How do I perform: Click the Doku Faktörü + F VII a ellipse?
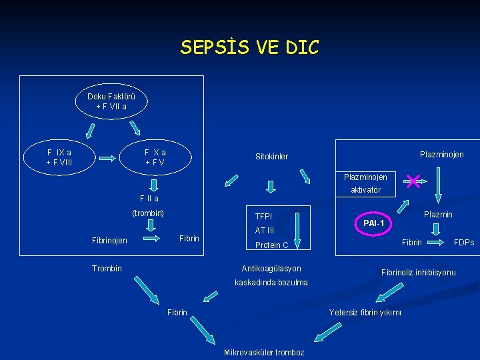click(x=111, y=101)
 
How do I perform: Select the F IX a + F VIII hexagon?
click(x=59, y=157)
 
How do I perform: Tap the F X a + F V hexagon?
click(x=155, y=157)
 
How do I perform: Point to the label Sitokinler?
click(x=271, y=157)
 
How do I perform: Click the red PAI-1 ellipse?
click(x=374, y=223)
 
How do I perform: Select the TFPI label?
click(x=263, y=217)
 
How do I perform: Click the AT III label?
click(x=265, y=231)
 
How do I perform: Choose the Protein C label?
click(x=271, y=245)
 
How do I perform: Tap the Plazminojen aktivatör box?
click(x=365, y=183)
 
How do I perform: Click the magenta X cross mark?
click(x=413, y=181)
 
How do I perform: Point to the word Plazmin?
click(x=438, y=215)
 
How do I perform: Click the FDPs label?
click(x=464, y=243)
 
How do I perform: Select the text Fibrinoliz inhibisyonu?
click(x=418, y=273)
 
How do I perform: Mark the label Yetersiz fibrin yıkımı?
click(x=365, y=313)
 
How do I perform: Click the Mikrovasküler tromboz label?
click(x=264, y=353)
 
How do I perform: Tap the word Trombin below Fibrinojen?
click(x=107, y=269)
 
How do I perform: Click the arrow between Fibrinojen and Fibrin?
click(x=152, y=239)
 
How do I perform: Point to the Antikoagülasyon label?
click(x=271, y=269)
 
